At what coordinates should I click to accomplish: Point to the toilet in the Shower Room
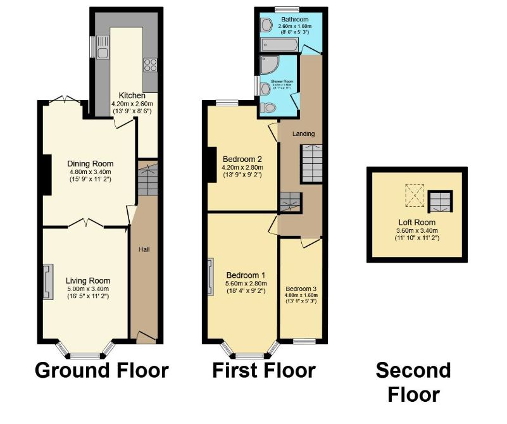tap(269, 108)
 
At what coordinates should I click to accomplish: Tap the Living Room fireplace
tap(46, 282)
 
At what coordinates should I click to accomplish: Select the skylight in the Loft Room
tap(415, 194)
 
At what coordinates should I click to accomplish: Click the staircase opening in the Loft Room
tap(441, 201)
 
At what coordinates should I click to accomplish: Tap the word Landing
tap(303, 134)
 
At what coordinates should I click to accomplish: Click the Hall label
tap(144, 249)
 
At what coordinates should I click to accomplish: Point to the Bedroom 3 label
tap(301, 289)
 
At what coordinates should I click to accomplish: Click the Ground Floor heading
tap(101, 370)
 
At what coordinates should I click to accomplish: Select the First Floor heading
tap(264, 370)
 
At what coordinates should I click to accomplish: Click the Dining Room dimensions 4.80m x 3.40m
tap(90, 171)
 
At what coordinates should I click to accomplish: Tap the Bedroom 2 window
tap(227, 103)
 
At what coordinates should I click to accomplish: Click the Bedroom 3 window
tap(304, 342)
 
